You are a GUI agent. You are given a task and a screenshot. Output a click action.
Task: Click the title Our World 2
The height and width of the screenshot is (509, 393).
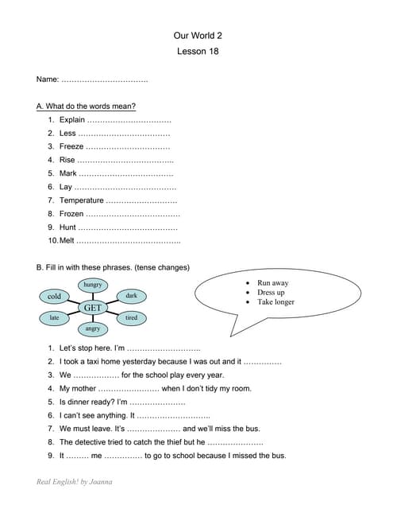point(196,36)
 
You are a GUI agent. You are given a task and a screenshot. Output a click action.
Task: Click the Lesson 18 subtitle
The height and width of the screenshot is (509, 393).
point(196,52)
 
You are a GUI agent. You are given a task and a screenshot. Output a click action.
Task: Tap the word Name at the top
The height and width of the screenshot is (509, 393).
point(48,80)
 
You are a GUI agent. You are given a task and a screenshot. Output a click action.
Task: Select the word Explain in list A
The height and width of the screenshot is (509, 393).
point(72,120)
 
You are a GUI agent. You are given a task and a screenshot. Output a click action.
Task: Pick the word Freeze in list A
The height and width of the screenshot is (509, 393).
point(71,146)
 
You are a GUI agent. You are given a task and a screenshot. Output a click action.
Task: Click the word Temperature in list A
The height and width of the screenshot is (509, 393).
point(82,200)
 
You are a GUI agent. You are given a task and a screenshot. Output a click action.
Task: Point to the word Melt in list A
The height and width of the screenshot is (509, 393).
point(67,240)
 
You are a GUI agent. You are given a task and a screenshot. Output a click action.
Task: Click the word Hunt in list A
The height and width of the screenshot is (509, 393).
point(68,227)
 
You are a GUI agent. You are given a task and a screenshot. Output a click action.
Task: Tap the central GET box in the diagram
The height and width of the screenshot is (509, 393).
point(92,306)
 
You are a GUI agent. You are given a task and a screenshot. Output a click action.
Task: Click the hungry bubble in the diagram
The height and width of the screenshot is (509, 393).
point(93,284)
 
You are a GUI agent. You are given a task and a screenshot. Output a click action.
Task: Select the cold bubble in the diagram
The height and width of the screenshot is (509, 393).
point(54,297)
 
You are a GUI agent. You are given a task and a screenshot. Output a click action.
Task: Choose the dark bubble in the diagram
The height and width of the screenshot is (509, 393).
point(131,296)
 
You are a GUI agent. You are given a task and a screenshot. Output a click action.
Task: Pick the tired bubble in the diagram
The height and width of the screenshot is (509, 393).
point(131,318)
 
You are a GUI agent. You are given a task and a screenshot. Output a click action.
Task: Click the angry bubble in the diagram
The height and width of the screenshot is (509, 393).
point(93,328)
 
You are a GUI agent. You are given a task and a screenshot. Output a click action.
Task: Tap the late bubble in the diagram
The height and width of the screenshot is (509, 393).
point(54,318)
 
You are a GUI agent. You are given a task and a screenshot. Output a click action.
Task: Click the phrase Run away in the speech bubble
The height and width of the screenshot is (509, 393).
point(273,283)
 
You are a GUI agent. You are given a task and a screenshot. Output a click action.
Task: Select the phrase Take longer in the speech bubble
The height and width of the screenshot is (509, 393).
point(275,302)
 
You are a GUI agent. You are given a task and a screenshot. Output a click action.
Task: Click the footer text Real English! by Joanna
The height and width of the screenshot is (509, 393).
point(75,482)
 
